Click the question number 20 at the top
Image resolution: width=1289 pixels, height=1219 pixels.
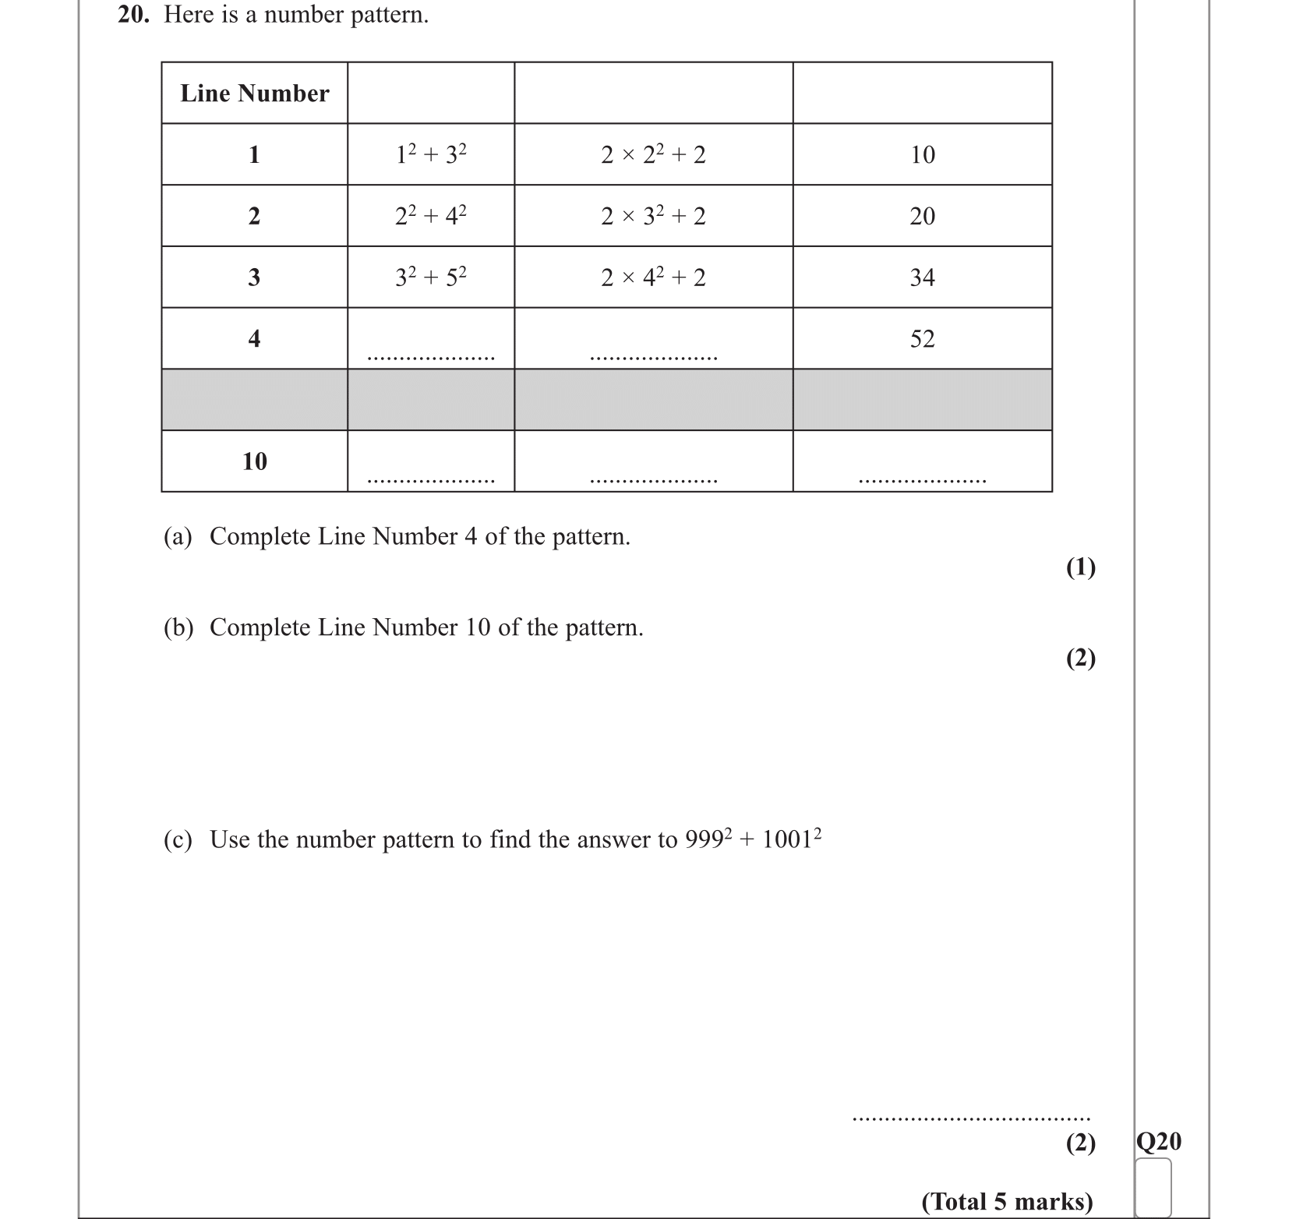133,15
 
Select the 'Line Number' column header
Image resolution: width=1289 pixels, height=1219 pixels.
255,94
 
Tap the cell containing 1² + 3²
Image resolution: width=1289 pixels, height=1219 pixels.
431,154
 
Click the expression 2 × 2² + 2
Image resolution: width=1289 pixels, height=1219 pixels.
653,154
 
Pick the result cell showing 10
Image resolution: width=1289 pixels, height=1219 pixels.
922,154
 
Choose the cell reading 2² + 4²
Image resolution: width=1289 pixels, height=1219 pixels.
431,216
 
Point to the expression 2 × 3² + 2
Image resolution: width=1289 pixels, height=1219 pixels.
653,216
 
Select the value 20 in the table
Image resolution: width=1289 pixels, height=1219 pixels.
922,216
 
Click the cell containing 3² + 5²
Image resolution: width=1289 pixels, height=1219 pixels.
431,277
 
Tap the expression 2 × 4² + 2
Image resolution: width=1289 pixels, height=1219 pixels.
653,277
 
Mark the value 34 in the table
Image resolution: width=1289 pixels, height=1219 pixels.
922,277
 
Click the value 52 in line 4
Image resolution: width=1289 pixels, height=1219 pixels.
922,339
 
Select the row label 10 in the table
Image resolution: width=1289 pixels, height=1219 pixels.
255,461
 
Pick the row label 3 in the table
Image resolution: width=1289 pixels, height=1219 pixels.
254,277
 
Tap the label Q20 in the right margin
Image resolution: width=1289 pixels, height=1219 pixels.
1159,1142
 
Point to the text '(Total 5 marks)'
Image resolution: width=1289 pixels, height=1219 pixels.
1007,1201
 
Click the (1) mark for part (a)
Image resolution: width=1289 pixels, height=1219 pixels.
1081,567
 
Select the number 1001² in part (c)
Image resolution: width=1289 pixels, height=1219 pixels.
791,839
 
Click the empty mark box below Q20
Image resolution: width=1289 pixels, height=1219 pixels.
1153,1187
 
